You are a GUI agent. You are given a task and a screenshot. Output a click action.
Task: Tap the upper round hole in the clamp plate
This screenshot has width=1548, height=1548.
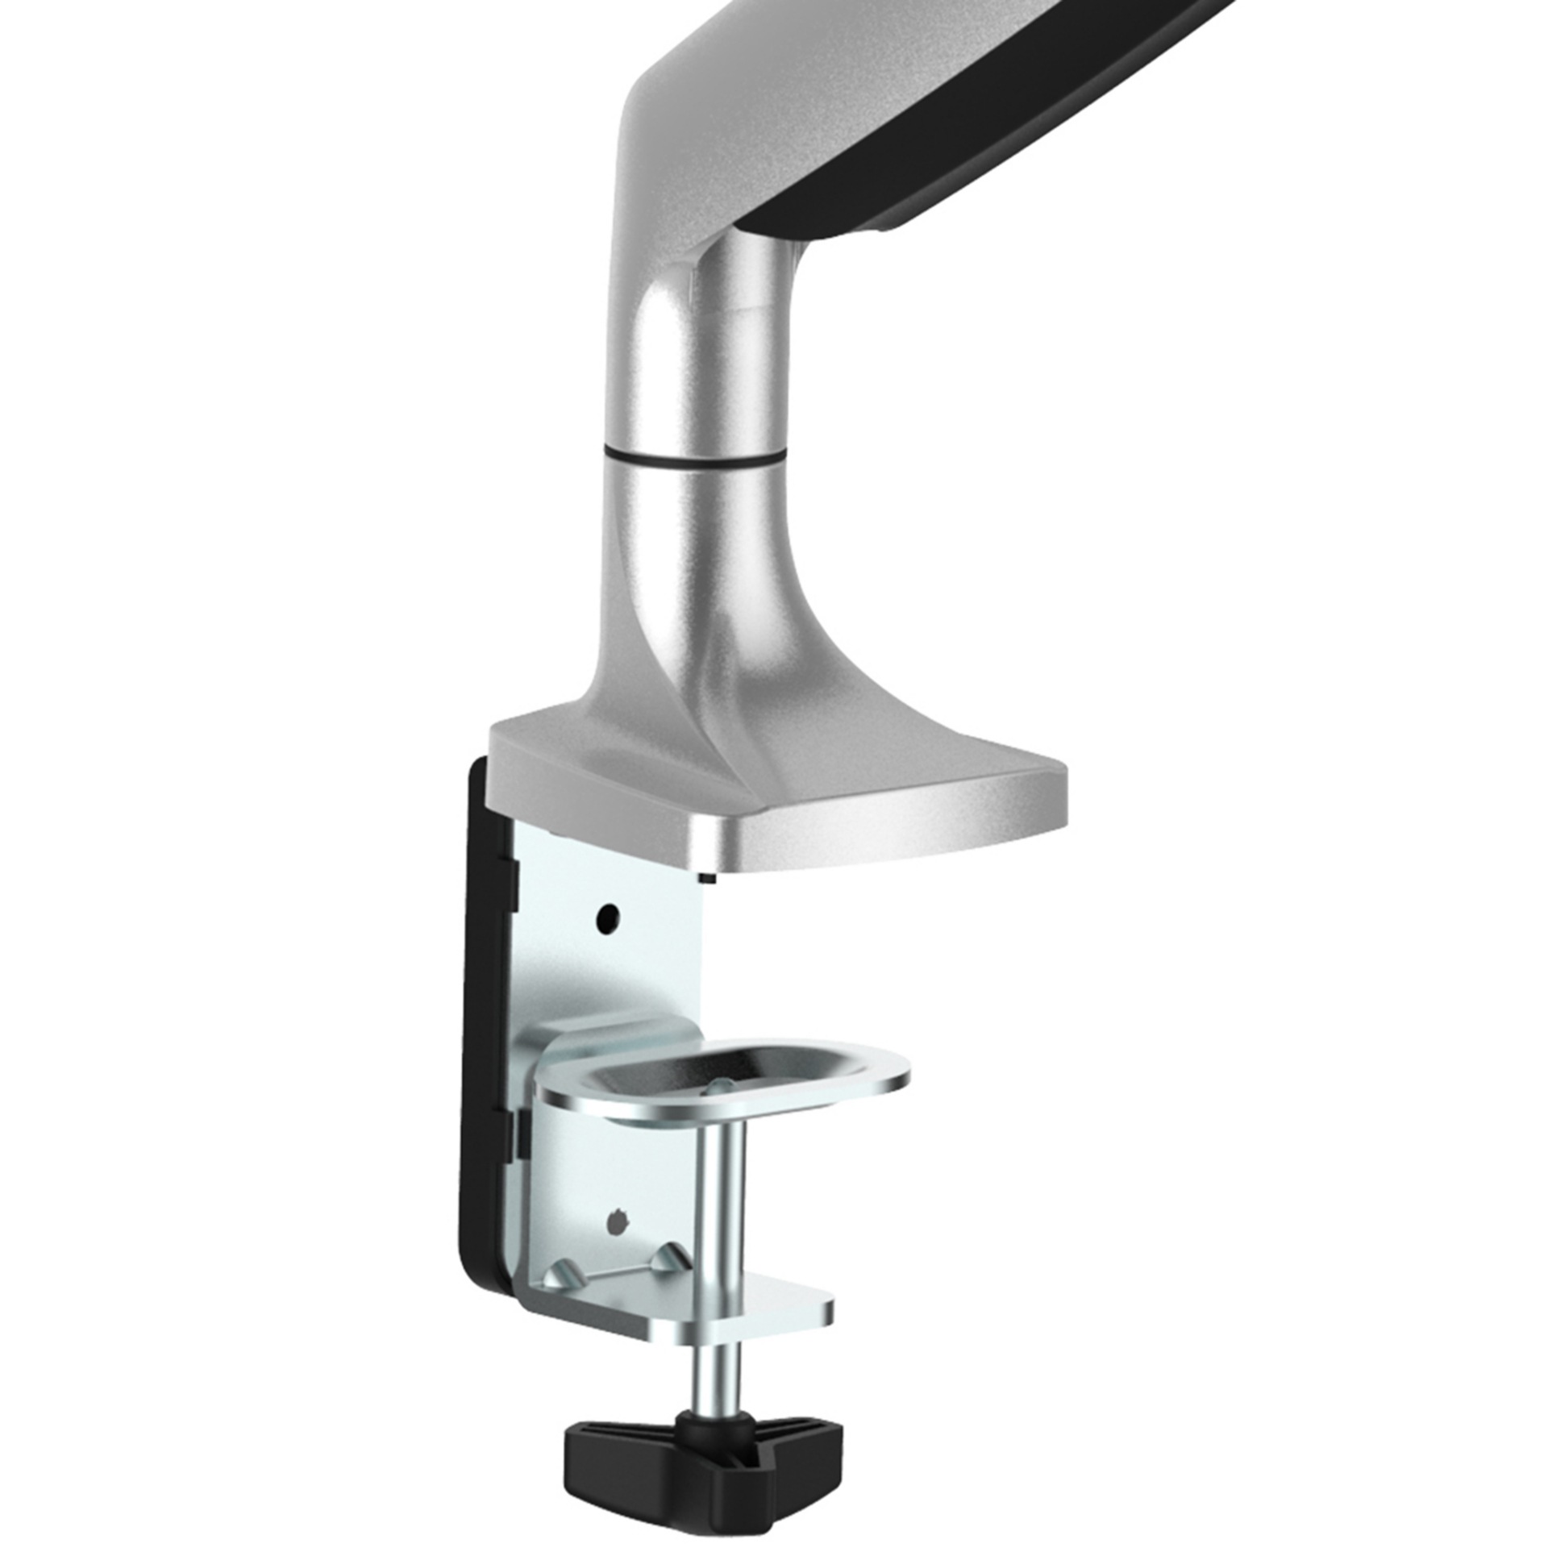(x=608, y=916)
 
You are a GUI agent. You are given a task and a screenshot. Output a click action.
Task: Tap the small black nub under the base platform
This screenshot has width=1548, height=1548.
(x=705, y=878)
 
